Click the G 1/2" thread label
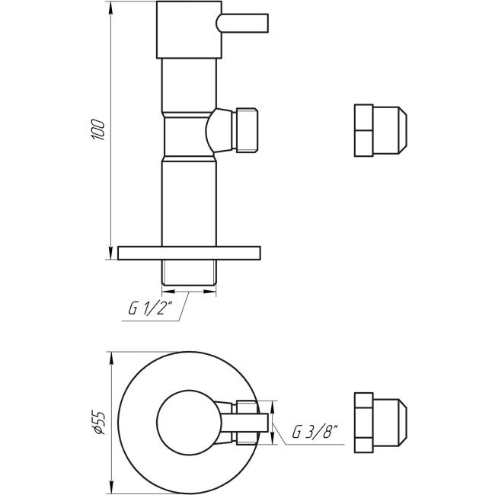pos(149,309)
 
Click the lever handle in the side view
pos(243,24)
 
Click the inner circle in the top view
pos(187,420)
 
